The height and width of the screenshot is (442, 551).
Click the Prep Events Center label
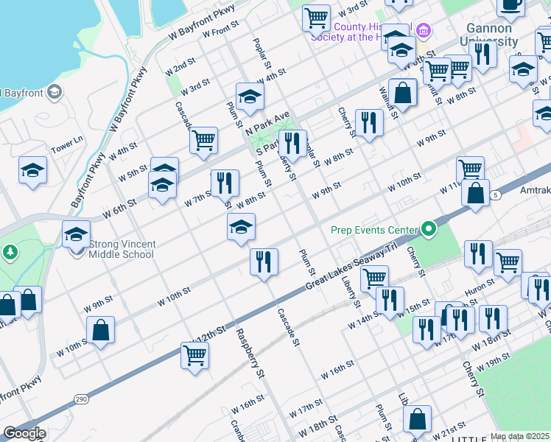(372, 230)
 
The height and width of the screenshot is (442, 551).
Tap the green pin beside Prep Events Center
(428, 230)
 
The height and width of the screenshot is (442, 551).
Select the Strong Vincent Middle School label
(122, 249)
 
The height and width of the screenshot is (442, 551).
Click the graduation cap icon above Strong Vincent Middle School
(76, 235)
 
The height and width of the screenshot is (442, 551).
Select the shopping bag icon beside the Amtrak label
(476, 192)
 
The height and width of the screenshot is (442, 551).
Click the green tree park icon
(10, 253)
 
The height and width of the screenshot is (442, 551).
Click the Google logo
(24, 433)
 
